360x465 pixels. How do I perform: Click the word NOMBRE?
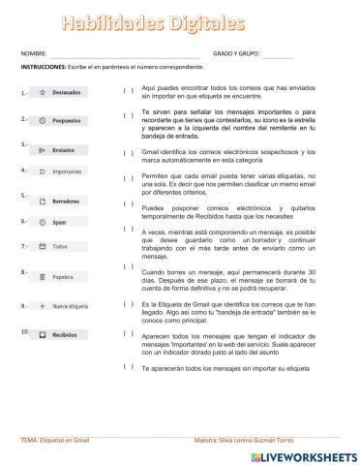click(33, 53)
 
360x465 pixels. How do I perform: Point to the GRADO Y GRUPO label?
click(235, 53)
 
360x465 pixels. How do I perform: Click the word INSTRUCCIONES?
click(42, 68)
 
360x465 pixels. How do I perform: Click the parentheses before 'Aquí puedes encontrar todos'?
click(128, 91)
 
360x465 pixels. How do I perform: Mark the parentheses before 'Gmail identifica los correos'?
click(128, 152)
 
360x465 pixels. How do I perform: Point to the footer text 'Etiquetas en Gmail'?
click(67, 439)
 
